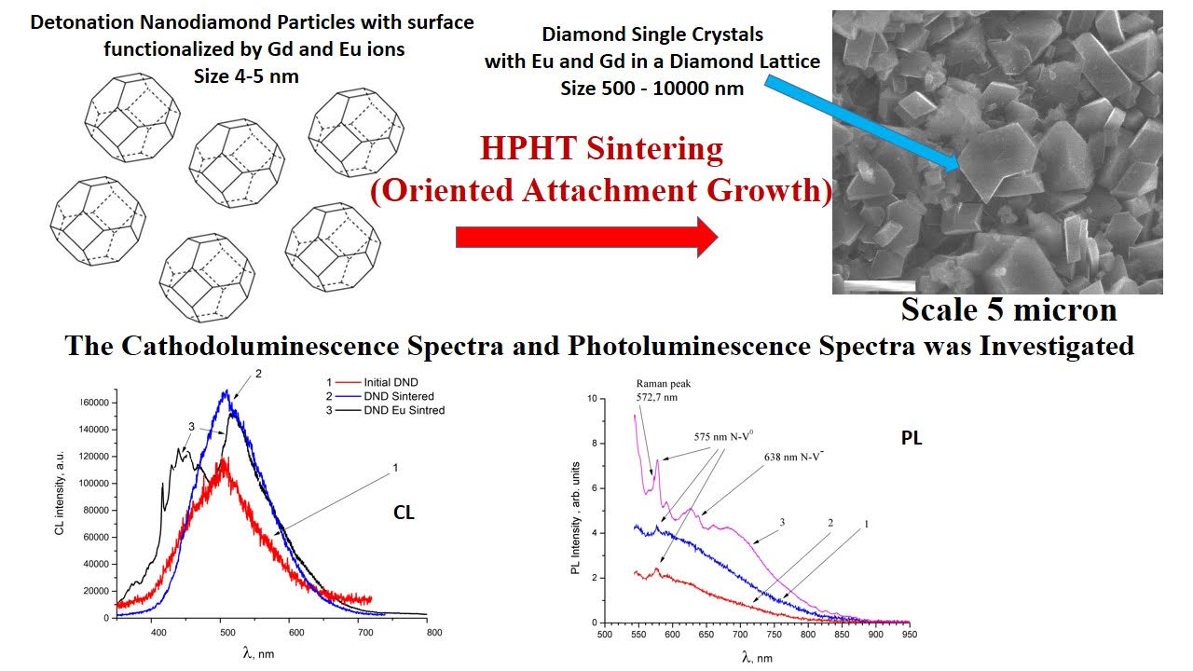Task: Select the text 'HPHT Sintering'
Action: [601, 148]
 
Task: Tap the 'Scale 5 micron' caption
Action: [1009, 309]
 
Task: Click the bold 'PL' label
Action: [912, 438]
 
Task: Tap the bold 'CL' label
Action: [404, 512]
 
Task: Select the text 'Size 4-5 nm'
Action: [246, 76]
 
